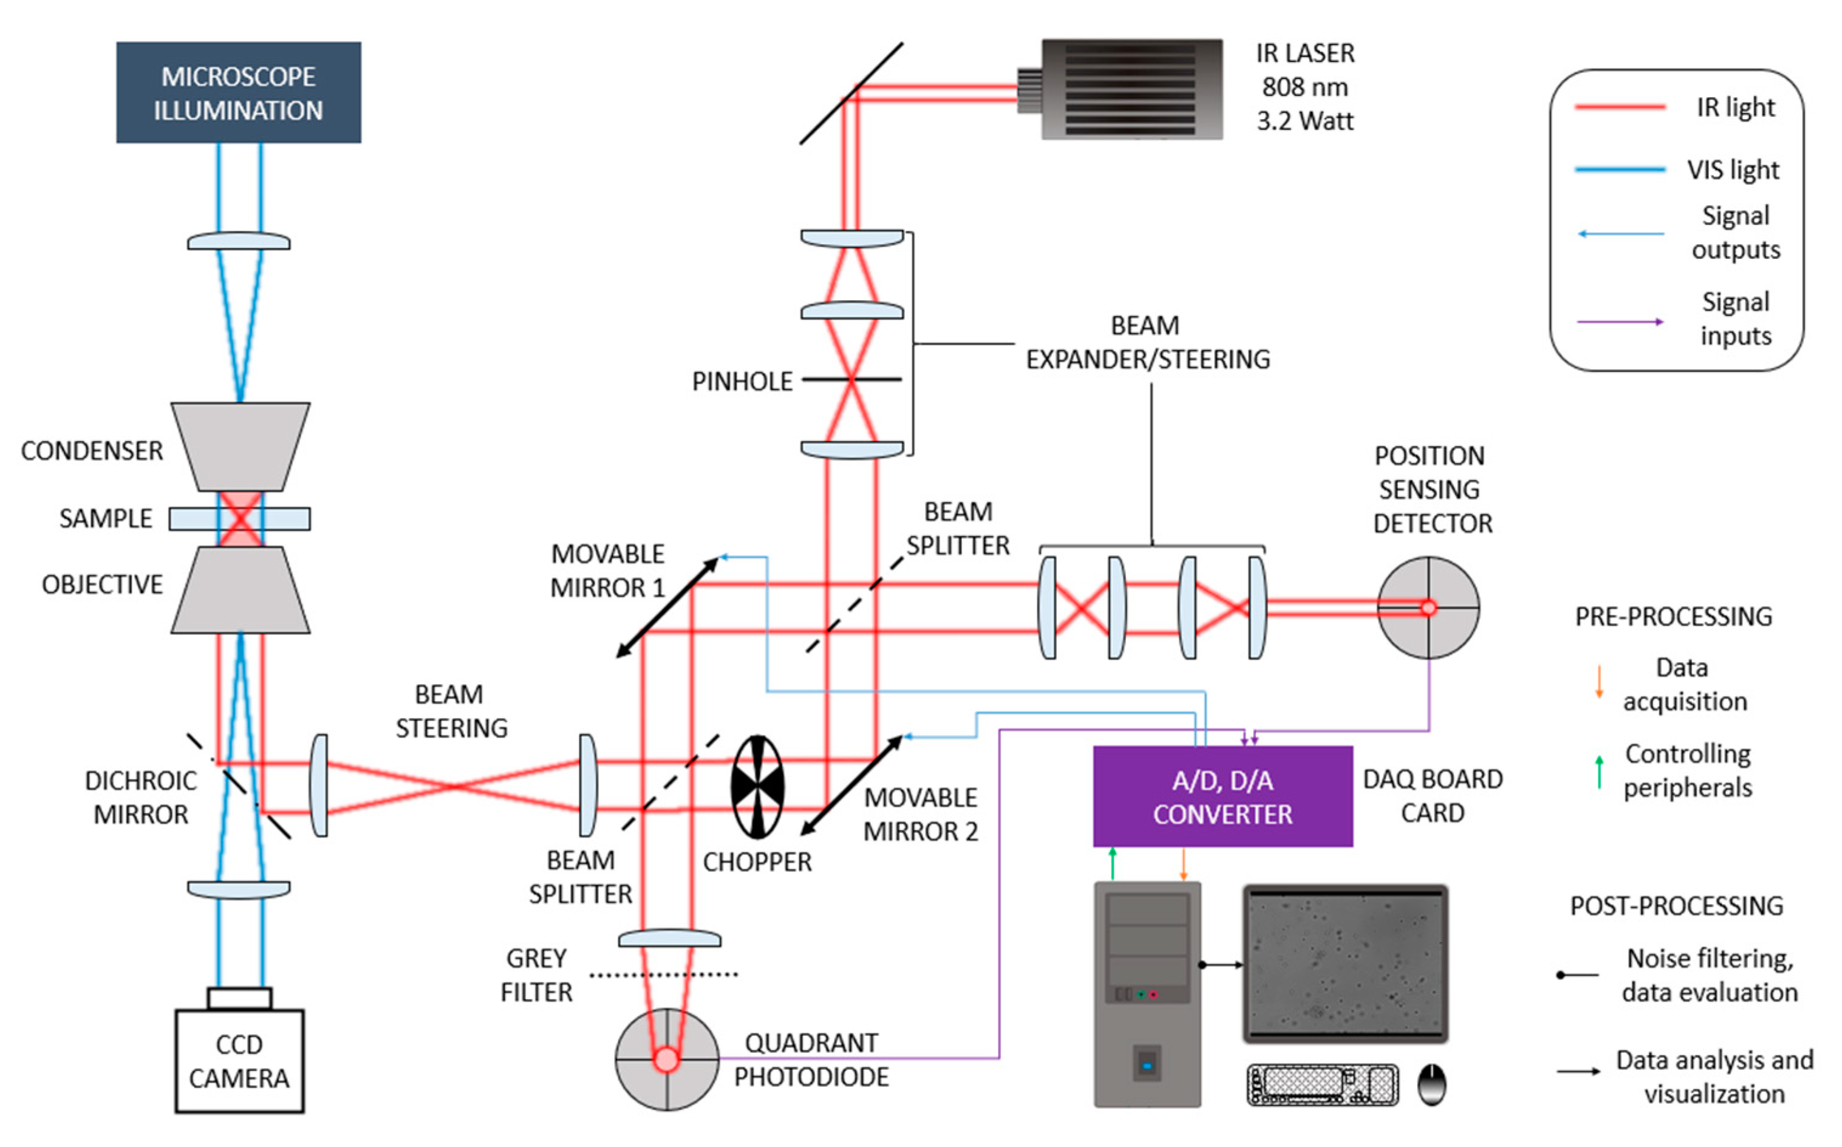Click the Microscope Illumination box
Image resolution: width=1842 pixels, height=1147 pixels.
tap(238, 92)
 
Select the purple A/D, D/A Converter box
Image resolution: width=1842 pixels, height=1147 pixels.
tap(1222, 796)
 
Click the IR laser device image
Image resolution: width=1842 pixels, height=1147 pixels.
tap(1130, 89)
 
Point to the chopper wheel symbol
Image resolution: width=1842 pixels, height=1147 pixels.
tap(757, 787)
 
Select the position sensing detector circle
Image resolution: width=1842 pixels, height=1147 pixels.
tap(1428, 608)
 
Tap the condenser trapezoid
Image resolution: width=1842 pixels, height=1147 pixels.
tap(240, 446)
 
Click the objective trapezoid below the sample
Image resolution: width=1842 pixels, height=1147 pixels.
tap(240, 590)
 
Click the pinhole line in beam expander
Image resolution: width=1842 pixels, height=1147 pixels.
tap(851, 378)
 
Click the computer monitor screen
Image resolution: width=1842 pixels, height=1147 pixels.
tap(1345, 964)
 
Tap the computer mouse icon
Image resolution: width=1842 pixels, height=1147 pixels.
tap(1431, 1085)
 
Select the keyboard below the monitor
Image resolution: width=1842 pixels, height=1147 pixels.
tap(1322, 1085)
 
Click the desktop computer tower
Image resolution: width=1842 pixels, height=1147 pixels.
tap(1147, 994)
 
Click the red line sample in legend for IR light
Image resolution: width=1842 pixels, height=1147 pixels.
tap(1619, 108)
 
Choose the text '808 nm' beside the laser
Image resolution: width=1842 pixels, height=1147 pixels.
tap(1305, 87)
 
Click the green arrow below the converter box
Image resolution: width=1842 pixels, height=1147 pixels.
tap(1113, 863)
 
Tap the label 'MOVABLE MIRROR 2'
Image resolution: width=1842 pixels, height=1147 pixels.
tap(921, 815)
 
